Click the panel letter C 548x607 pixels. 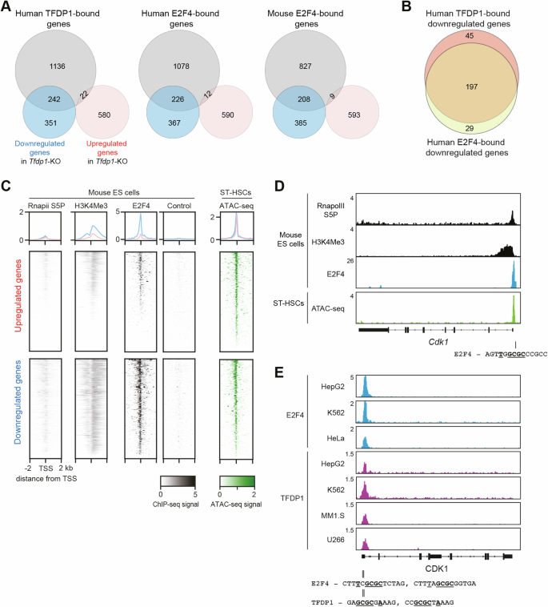(x=6, y=186)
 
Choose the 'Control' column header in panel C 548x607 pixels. (x=178, y=212)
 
